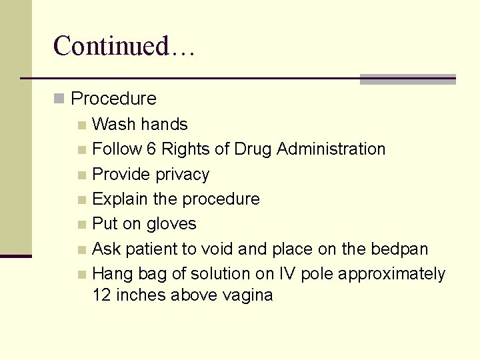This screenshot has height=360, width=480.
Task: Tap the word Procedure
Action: [x=113, y=99]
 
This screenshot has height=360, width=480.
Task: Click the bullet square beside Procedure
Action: [x=59, y=99]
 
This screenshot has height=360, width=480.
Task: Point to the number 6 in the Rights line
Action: [x=151, y=149]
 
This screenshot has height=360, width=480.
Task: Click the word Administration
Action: [x=331, y=149]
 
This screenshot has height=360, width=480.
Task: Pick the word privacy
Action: [x=182, y=175]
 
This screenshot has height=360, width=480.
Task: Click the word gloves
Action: [x=173, y=224]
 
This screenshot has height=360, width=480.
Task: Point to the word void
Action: [x=217, y=249]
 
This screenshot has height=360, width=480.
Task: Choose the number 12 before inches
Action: [x=102, y=295]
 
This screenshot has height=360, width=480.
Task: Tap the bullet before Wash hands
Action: [x=81, y=125]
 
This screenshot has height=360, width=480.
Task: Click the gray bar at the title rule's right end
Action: [x=407, y=79]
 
